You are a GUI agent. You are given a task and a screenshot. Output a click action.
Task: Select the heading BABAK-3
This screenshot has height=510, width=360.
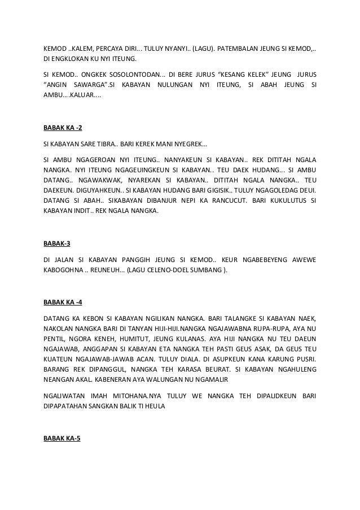pos(57,245)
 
